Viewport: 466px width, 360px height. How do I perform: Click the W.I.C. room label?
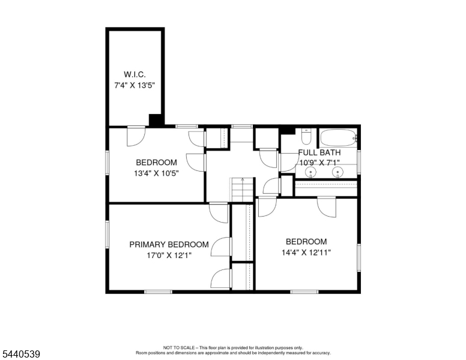135,74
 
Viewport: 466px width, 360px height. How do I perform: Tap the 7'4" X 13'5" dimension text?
135,86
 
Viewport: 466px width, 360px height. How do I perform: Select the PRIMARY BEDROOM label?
169,244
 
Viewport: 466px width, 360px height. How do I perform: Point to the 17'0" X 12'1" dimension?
169,255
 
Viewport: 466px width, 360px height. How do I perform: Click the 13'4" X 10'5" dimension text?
156,173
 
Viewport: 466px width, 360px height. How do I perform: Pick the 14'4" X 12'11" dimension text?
306,253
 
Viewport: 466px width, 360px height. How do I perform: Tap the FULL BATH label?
319,152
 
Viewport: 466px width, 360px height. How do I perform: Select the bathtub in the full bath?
339,137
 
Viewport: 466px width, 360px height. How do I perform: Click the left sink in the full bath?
311,172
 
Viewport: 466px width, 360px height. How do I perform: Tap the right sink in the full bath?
337,172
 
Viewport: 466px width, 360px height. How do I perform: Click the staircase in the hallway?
243,190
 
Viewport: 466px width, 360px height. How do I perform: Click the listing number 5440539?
21,354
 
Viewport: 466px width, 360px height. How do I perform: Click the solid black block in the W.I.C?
156,120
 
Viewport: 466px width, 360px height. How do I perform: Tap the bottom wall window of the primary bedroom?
158,292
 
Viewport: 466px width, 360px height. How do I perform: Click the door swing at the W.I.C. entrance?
136,137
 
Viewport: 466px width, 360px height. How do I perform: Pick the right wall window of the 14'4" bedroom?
359,257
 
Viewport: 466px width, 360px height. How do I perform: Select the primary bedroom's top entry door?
219,212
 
